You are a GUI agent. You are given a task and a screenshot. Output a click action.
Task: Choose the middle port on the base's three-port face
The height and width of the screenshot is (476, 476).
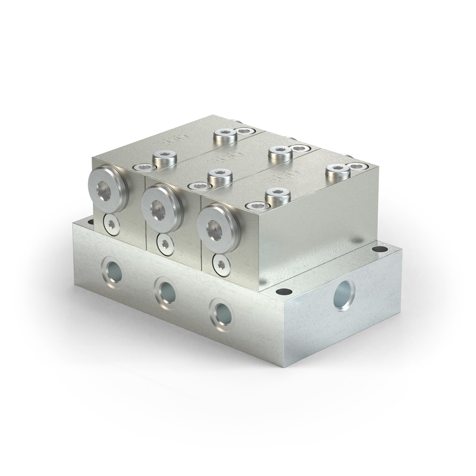[165, 290]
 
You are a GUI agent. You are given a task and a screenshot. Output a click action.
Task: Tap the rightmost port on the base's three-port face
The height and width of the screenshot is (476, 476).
[221, 312]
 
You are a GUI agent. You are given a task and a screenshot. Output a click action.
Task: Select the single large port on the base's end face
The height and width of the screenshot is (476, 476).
[343, 295]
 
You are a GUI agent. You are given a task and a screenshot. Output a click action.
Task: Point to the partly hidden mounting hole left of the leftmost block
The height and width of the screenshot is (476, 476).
[90, 221]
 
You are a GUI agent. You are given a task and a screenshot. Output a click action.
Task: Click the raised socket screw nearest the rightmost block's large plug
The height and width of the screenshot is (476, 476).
[277, 195]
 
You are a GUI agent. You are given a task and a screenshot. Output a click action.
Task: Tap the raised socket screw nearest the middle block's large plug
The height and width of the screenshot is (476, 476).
[219, 176]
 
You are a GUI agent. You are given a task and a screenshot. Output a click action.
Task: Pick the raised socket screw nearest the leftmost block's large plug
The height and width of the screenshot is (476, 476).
[162, 158]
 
